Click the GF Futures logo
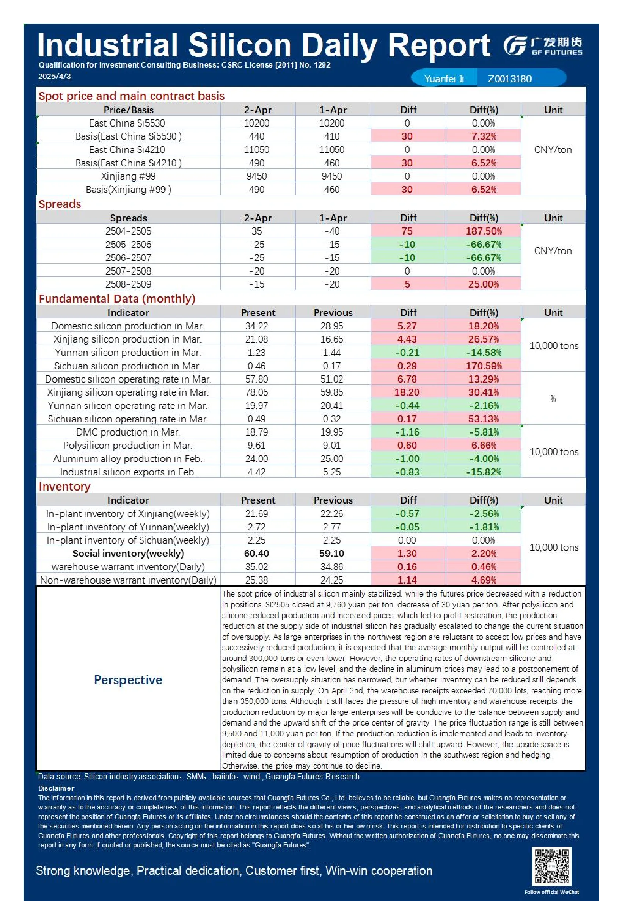point(543,45)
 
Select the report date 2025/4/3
point(54,77)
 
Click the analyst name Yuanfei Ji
point(444,79)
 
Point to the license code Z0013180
point(510,79)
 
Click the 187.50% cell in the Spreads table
point(484,231)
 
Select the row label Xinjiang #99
point(128,176)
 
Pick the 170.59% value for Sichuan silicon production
point(484,366)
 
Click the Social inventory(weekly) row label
point(128,553)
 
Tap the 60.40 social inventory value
point(257,553)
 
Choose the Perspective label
point(128,680)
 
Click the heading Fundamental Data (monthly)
point(117,299)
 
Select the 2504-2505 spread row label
point(128,231)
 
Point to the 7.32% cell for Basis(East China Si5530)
point(484,136)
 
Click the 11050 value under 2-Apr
point(257,149)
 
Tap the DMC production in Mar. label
point(128,432)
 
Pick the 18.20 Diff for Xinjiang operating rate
point(407,392)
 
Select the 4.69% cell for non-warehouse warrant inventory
point(484,580)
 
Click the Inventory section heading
point(64,486)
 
